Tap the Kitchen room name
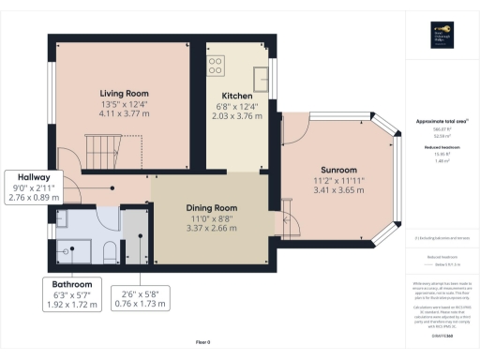(235, 97)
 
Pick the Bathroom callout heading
(71, 283)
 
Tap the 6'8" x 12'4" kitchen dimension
(235, 107)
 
